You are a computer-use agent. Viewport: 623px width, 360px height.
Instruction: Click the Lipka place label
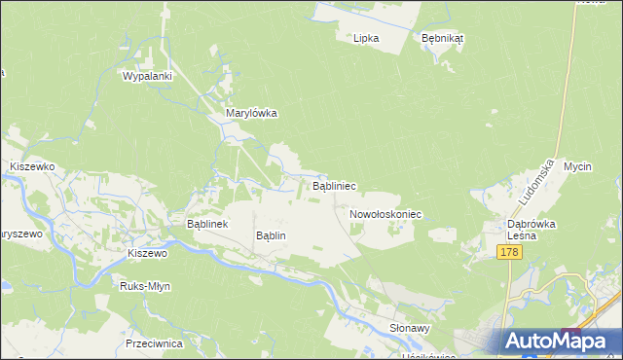click(x=365, y=38)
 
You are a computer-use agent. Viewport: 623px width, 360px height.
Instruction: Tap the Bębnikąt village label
click(x=442, y=38)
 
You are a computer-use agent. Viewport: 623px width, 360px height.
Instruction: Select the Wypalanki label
click(x=147, y=75)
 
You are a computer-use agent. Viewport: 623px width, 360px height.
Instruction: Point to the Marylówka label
click(x=251, y=113)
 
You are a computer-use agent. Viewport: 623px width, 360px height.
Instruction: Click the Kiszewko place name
click(x=31, y=166)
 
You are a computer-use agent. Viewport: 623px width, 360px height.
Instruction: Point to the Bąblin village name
click(x=270, y=235)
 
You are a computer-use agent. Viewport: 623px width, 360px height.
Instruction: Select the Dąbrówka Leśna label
click(x=531, y=229)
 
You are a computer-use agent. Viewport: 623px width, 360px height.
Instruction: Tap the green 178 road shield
click(x=509, y=252)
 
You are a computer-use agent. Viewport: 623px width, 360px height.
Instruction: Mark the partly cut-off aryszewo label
click(x=18, y=234)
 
